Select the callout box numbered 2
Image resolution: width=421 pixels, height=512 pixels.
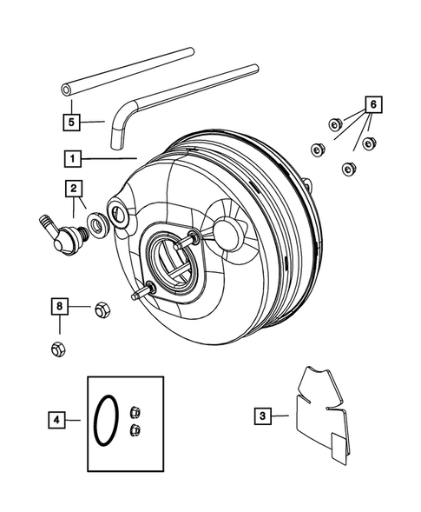coord(74,188)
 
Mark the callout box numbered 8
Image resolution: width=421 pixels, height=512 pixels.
coord(59,306)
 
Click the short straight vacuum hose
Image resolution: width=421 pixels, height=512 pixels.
coord(122,70)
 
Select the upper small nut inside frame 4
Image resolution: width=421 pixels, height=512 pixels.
coord(135,412)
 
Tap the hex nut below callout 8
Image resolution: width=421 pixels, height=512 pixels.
coord(58,349)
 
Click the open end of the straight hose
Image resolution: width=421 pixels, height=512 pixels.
coord(67,89)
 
